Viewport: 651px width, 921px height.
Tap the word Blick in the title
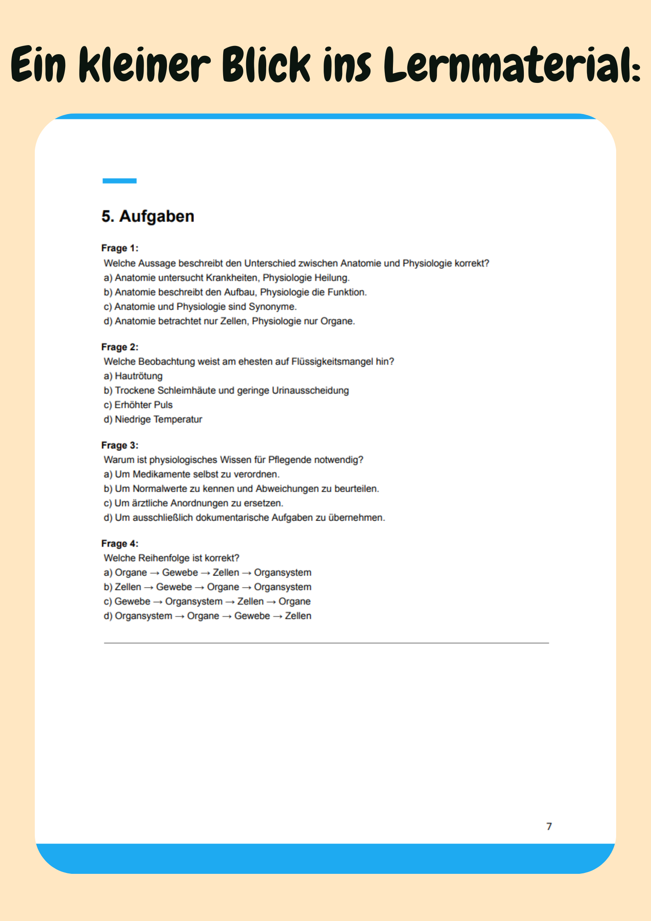point(267,65)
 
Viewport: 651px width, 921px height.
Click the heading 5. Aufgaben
point(148,216)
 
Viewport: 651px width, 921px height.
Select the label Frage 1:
point(120,248)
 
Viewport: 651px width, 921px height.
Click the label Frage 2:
point(120,347)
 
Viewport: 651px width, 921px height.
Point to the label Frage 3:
point(120,445)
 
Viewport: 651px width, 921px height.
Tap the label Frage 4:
point(120,544)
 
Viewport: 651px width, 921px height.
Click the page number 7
point(549,826)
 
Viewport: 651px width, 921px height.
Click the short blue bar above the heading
point(119,181)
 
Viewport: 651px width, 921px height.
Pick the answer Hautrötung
point(138,376)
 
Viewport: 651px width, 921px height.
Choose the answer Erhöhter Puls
point(143,405)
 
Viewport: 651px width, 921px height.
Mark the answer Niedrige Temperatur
point(158,419)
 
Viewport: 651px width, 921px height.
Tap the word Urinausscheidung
point(310,390)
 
